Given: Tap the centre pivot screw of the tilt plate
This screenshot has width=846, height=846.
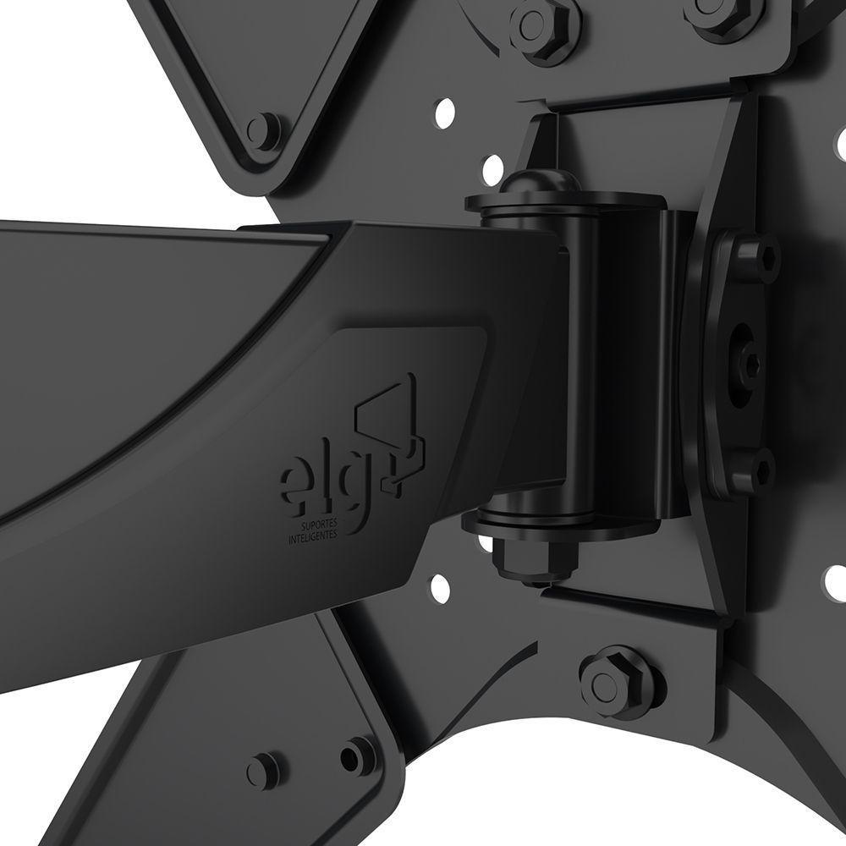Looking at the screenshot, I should (750, 365).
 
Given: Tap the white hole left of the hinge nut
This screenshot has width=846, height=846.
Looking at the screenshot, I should (439, 585).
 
